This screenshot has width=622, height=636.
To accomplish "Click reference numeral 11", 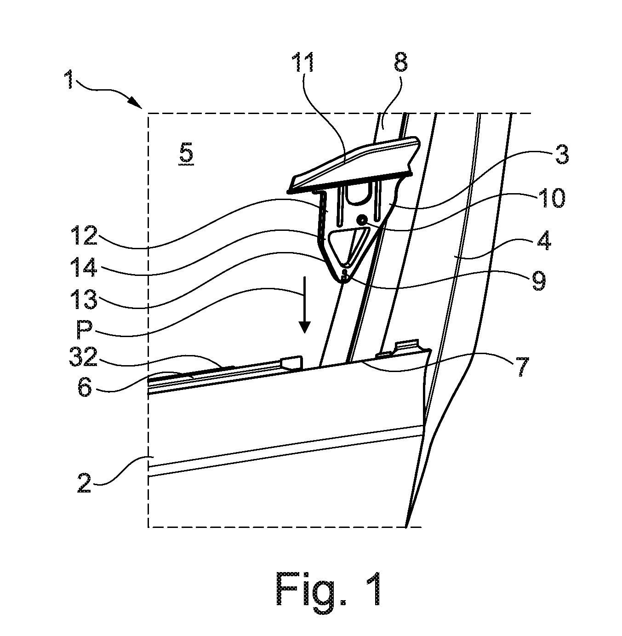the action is coord(303,62).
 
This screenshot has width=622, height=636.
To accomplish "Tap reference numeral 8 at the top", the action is coord(400,62).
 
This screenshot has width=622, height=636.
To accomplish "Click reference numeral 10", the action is coord(553,198).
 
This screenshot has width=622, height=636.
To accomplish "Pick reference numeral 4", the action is coord(543,241).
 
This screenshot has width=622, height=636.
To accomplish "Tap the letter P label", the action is coord(84,330).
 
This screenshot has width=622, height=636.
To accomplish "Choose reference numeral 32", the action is coord(84,357).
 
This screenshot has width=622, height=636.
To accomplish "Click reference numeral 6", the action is coord(85,387).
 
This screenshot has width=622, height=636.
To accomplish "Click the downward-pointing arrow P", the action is coord(305,304).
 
